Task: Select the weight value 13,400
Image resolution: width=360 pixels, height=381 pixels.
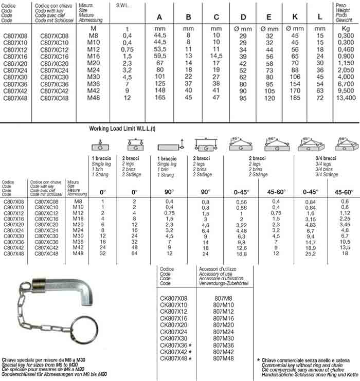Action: click(346, 97)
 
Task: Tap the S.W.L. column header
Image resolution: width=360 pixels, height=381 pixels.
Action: click(123, 6)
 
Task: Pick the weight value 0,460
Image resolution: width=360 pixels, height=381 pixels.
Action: click(346, 49)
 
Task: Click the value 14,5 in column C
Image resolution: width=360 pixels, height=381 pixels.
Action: click(216, 56)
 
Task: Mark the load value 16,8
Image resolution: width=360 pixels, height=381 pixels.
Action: click(241, 253)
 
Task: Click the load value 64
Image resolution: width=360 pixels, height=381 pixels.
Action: click(134, 253)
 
